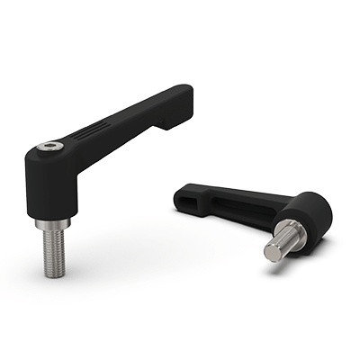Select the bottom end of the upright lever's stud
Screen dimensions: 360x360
[x=50, y=274]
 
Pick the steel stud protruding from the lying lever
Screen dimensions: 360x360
[x=281, y=243]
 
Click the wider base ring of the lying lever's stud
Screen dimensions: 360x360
[x=292, y=231]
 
